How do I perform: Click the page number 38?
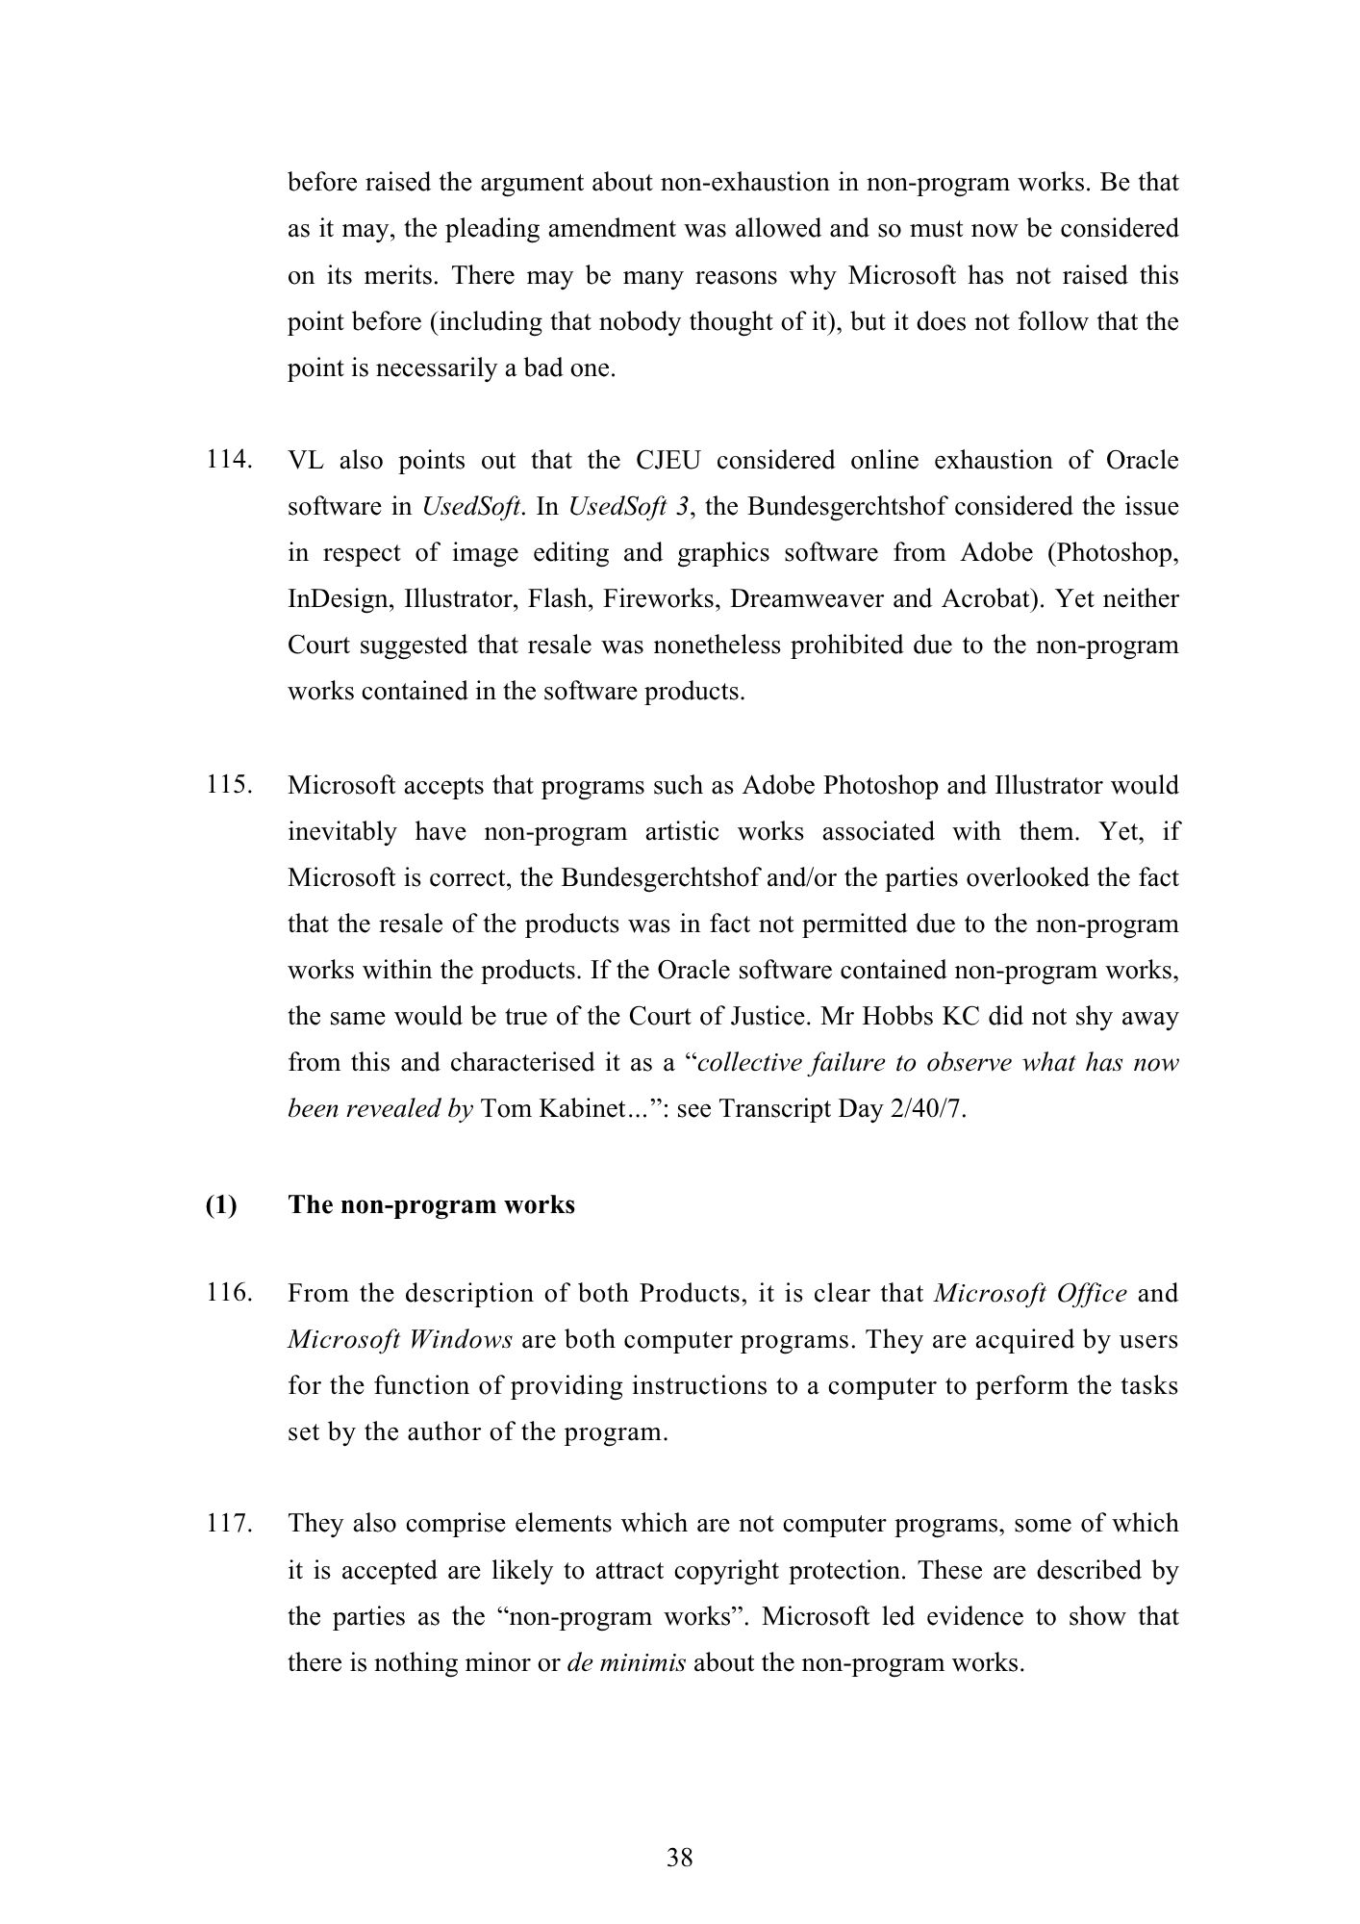679,1858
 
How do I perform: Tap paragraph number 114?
229,460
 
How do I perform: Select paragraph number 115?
229,785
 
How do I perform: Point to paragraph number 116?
229,1293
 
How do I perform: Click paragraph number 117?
229,1524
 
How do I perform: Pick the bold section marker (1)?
220,1204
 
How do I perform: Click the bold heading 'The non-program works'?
431,1204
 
